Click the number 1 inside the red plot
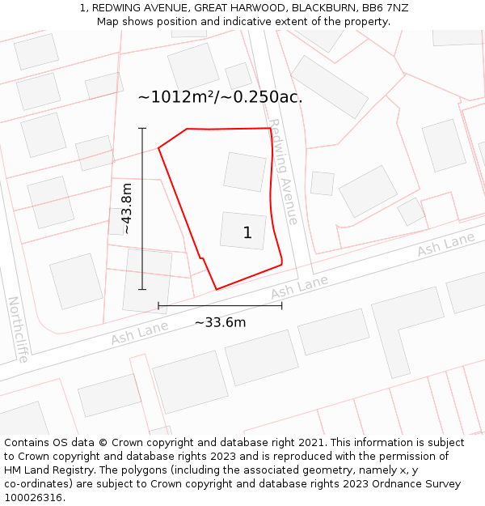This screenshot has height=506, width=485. tap(247, 233)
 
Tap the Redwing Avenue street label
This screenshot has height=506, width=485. tap(283, 172)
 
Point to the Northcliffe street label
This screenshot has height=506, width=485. tap(18, 329)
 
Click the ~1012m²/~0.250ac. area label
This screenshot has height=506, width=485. tap(220, 97)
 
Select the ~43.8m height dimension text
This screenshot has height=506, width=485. tap(127, 209)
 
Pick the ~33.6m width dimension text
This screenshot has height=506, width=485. tap(220, 322)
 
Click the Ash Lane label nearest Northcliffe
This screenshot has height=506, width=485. tap(140, 332)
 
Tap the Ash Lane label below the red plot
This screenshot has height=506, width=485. tap(299, 286)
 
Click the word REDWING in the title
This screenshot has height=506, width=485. tap(121, 7)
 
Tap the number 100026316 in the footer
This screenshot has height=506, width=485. tap(32, 497)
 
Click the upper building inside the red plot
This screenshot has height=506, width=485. tap(245, 172)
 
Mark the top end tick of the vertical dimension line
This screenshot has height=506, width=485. tap(142, 128)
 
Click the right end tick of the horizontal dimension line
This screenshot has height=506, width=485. tap(281, 306)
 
